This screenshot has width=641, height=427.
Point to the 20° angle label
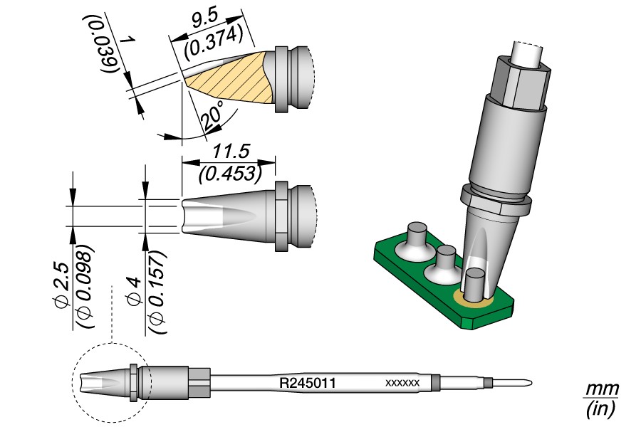(212, 116)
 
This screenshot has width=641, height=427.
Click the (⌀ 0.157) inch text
(157, 292)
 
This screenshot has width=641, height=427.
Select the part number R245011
(307, 384)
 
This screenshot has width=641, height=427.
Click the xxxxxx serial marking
(402, 384)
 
